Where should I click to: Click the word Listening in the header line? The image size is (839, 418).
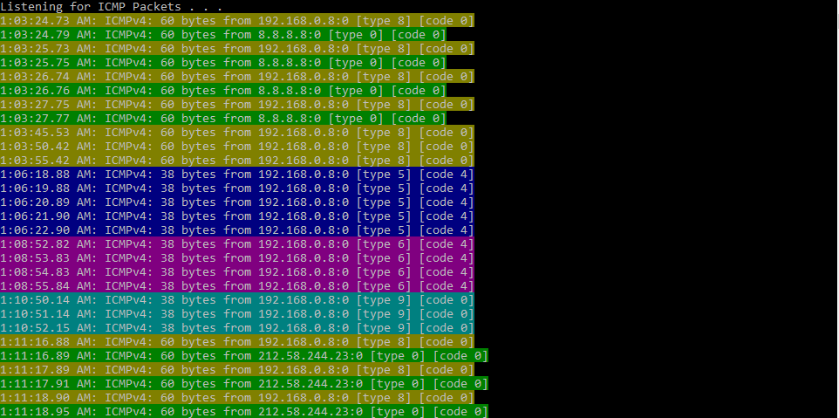point(31,7)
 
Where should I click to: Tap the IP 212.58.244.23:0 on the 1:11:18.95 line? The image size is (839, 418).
point(310,411)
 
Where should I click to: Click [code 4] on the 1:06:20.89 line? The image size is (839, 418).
point(447,202)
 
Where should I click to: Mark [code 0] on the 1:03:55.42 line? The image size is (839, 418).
point(447,160)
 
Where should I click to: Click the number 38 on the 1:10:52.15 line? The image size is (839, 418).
point(167,327)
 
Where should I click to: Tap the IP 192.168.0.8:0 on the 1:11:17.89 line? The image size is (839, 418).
point(304,369)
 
